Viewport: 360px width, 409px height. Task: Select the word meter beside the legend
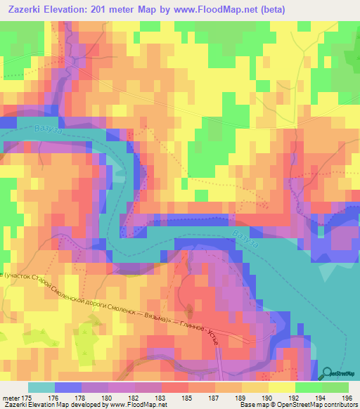(11, 398)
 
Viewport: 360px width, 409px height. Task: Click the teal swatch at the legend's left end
(41, 387)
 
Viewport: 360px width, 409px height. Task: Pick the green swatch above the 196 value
(336, 387)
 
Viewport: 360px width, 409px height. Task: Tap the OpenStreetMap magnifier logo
(328, 374)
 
